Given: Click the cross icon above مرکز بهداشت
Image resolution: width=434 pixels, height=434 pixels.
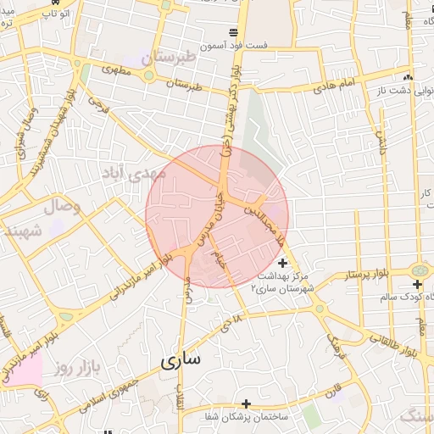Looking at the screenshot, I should pyautogui.click(x=282, y=264).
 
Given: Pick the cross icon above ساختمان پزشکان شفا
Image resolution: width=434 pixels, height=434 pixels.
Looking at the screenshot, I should pyautogui.click(x=246, y=403).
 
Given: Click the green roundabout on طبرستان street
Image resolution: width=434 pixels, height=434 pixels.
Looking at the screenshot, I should pyautogui.click(x=149, y=75).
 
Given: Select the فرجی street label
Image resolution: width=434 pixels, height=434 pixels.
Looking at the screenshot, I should pyautogui.click(x=99, y=107).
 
